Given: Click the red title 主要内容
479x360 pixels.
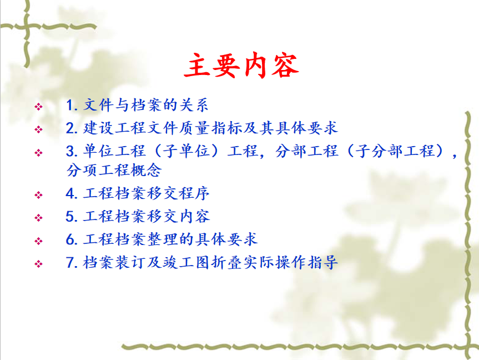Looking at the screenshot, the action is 241,65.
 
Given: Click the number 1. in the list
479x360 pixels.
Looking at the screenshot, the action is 72,105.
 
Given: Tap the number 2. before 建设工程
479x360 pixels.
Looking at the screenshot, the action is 72,128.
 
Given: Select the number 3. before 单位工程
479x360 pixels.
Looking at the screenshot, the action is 72,151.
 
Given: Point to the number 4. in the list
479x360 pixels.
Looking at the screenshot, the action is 72,193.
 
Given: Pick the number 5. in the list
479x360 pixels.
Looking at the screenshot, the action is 72,217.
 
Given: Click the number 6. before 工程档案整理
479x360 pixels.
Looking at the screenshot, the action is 72,239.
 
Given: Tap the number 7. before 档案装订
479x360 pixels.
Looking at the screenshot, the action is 72,262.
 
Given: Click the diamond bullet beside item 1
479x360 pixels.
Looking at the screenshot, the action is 38,107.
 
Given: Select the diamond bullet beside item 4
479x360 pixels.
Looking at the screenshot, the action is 38,195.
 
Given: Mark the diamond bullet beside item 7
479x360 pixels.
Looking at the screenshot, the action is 38,264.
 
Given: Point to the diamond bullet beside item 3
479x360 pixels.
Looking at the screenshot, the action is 38,152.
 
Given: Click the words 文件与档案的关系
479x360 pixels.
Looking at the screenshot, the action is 146,105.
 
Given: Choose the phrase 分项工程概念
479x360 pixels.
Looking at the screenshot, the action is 114,170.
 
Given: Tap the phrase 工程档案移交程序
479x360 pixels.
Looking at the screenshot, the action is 147,193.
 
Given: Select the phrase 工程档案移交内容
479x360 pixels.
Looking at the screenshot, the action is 147,216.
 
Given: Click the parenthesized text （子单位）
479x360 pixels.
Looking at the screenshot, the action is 186,151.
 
